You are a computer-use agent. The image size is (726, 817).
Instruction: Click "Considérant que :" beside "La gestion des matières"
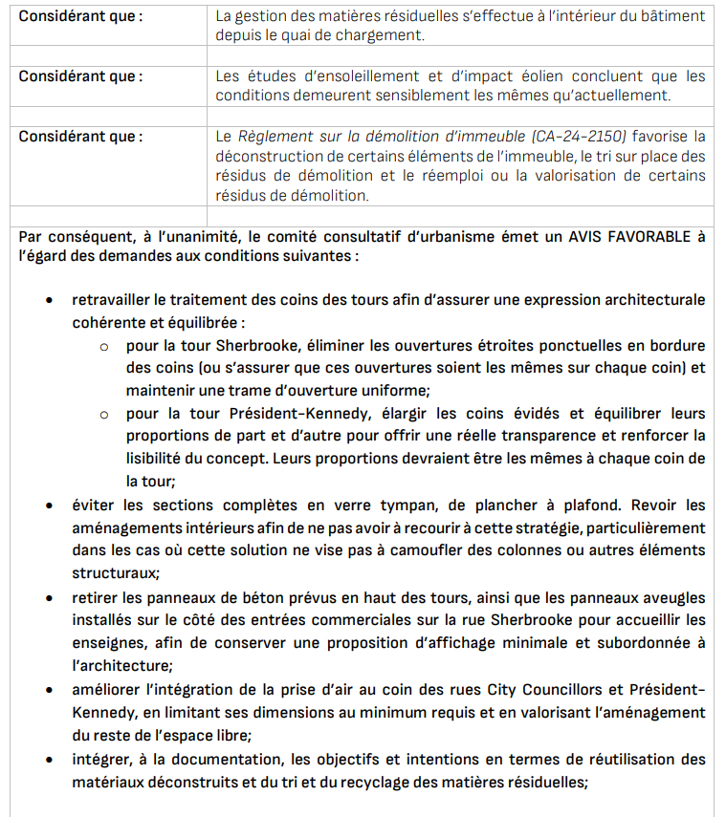pos(80,16)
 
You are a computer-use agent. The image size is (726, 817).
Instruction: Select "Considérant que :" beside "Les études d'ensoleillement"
pos(80,76)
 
